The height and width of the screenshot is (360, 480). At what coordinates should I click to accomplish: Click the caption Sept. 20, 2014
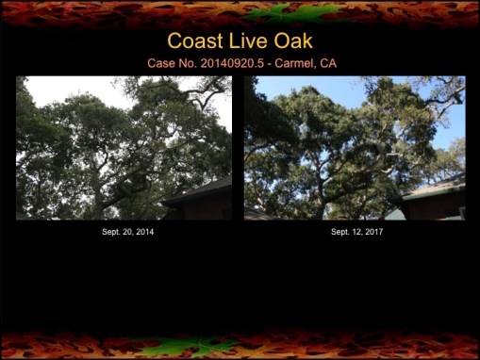pos(128,231)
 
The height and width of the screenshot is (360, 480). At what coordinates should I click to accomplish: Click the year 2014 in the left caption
pos(143,231)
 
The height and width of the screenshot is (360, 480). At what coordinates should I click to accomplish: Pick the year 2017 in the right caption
pos(371,231)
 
